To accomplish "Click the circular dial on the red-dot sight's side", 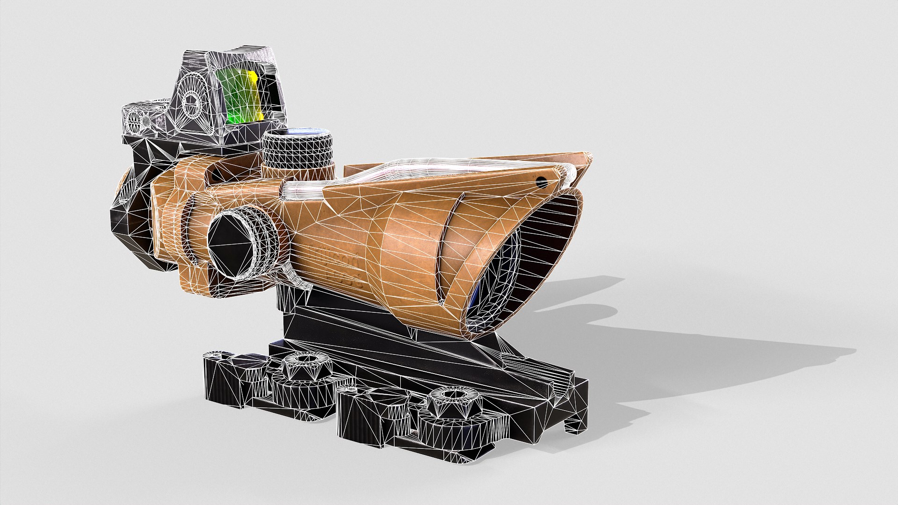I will (x=192, y=101).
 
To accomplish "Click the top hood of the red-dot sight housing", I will (x=234, y=56).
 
